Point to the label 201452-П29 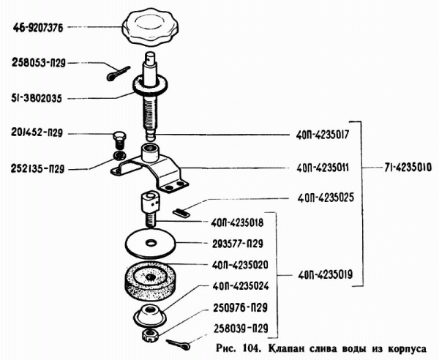pyautogui.click(x=38, y=134)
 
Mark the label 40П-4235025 pyautogui.click(x=326, y=198)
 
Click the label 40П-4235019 pyautogui.click(x=326, y=276)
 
